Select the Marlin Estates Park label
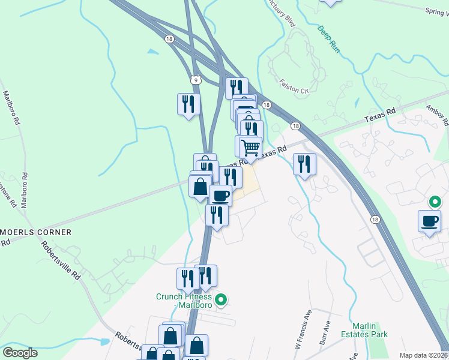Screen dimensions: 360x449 pos(365,330)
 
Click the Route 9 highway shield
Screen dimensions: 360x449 pos(196,79)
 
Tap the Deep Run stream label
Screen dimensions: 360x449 pos(328,40)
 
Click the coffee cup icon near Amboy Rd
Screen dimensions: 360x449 pos(429,220)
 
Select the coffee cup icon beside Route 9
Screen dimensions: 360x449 pos(220,195)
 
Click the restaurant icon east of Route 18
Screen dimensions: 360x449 pos(304,164)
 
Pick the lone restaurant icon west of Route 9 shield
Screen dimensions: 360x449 pos(188,104)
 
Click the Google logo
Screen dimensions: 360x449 pos(20,353)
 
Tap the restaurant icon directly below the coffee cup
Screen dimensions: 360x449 pos(217,215)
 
